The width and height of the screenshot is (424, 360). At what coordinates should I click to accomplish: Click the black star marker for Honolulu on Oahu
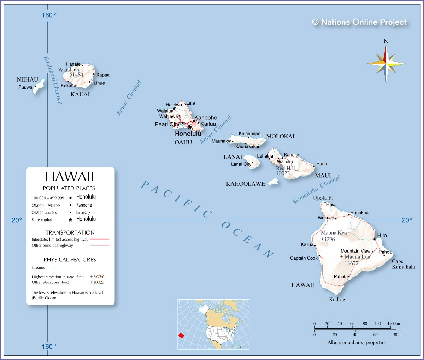tap(189, 127)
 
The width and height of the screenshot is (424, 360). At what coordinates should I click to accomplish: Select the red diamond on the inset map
tap(181, 335)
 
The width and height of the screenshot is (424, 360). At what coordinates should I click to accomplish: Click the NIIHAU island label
tap(27, 80)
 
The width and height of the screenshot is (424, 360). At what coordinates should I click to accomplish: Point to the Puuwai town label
tap(26, 87)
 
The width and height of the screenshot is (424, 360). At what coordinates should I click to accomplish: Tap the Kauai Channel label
tap(129, 98)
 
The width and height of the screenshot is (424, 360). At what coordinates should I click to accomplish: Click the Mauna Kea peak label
tap(334, 233)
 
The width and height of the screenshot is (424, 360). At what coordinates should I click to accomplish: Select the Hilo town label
tap(382, 235)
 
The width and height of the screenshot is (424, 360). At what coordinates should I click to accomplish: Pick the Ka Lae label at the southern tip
tap(337, 300)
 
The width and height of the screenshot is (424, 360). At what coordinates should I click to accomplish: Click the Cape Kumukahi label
tap(403, 264)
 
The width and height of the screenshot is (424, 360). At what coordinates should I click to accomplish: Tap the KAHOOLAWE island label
tap(246, 184)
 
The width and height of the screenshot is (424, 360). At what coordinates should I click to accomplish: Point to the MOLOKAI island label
tap(280, 136)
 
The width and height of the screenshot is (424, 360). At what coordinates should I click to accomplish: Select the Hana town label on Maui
tap(322, 164)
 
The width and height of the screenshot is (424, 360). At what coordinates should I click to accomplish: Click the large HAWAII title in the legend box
tap(69, 176)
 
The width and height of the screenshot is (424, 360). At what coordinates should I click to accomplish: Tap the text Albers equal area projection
tap(357, 342)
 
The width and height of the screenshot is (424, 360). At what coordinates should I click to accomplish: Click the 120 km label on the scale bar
tap(393, 324)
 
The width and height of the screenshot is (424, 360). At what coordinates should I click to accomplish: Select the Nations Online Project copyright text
tap(359, 22)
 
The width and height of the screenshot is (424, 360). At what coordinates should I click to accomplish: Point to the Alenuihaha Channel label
tap(316, 190)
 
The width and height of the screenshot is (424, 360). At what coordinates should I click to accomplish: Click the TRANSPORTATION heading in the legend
tap(70, 232)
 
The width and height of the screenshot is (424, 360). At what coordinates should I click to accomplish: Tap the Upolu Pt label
tap(323, 198)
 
